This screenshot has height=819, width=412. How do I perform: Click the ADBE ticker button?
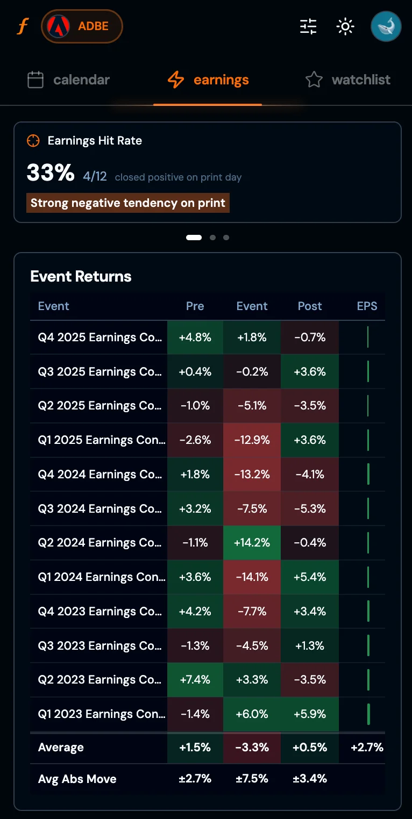click(82, 26)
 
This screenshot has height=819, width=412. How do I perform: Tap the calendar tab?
click(68, 80)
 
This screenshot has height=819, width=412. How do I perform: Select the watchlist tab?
click(347, 80)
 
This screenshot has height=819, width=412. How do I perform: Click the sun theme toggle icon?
click(345, 26)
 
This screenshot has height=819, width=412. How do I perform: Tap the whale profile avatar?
click(386, 26)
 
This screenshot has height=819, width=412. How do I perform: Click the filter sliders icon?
click(308, 26)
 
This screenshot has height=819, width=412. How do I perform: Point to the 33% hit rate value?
click(51, 173)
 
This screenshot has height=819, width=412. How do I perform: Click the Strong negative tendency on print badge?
click(128, 203)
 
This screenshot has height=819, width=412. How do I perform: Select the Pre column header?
click(195, 306)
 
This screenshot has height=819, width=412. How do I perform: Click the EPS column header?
click(367, 306)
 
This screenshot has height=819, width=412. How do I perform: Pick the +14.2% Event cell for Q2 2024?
click(252, 543)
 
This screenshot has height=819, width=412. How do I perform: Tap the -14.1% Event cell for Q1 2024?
click(252, 577)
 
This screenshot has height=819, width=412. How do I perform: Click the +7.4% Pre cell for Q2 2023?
click(195, 680)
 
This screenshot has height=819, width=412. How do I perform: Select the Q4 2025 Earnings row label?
click(100, 337)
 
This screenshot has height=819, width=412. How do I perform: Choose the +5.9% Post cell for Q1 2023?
click(310, 714)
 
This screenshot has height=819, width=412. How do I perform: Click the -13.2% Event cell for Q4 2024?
click(252, 475)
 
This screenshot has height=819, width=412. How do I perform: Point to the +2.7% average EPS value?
click(367, 748)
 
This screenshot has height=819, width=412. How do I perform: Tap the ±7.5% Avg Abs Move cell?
click(252, 779)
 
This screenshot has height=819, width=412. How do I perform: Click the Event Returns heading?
click(81, 276)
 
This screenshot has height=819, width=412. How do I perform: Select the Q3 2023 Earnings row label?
click(100, 645)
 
